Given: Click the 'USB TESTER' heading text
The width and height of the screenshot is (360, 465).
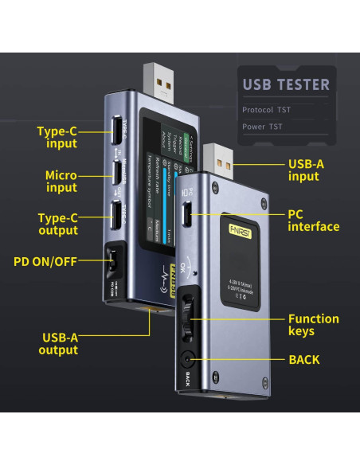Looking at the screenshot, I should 285,84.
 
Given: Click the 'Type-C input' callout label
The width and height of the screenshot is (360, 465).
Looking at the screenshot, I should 57,137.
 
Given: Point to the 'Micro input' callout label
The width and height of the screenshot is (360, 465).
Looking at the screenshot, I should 61,180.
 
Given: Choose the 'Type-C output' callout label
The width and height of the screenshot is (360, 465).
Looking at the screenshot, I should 57,224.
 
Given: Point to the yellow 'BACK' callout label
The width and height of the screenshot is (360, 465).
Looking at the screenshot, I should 304,360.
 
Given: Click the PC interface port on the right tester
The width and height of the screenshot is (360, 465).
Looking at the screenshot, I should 188,216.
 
